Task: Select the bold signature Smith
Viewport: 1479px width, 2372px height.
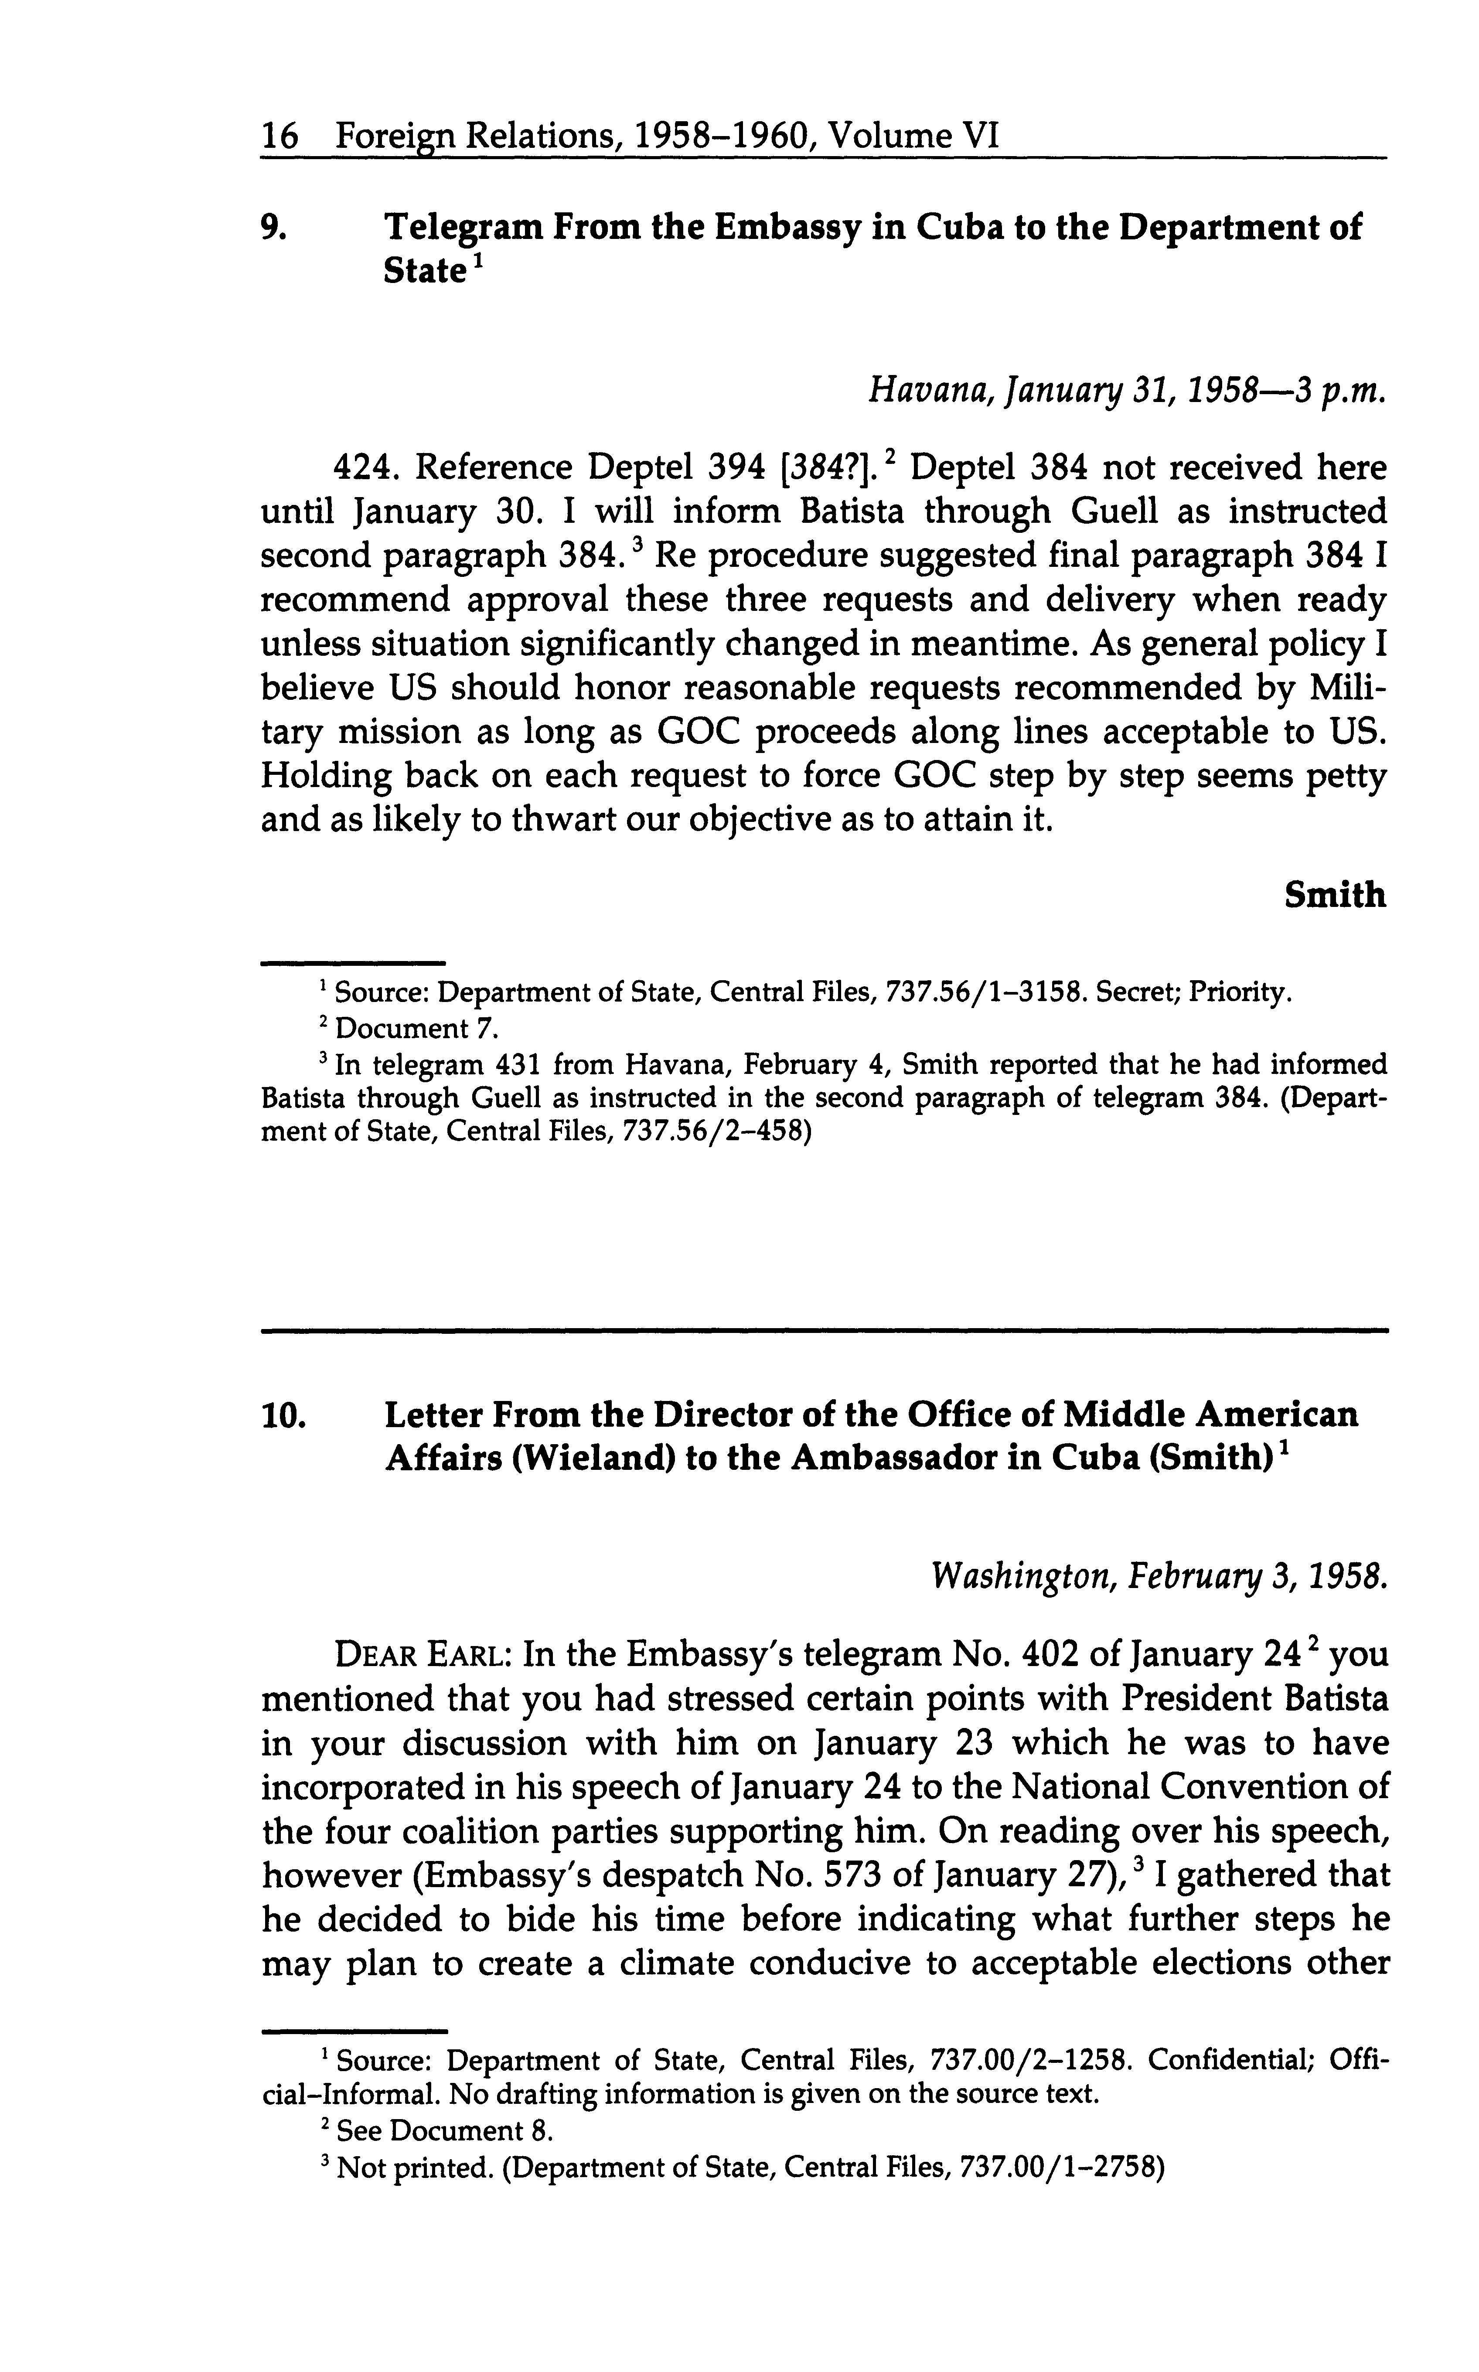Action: tap(1334, 894)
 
